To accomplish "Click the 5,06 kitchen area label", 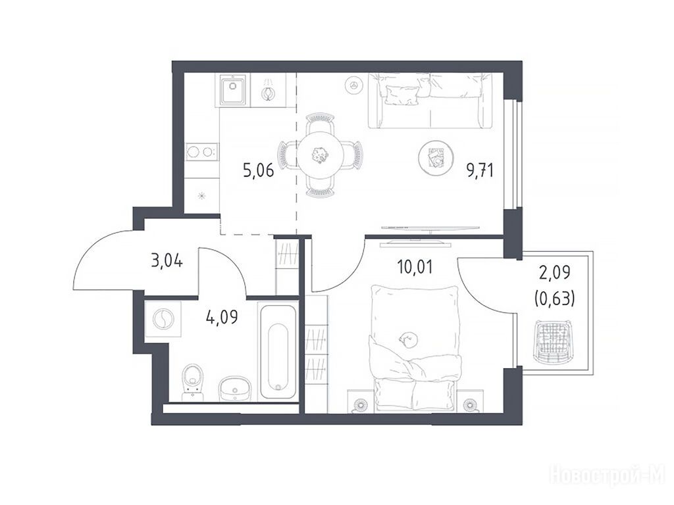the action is point(258,171).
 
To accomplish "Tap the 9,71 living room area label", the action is point(480,171).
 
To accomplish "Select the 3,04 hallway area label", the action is point(167,260).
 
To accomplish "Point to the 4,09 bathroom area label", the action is point(222,317).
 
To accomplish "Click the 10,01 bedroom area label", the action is point(415,267).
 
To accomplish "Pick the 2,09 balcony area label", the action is point(554,272).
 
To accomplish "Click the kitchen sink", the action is point(233,89).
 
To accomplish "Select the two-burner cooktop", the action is point(201,152).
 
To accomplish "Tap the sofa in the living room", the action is point(430,101).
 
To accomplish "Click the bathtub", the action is point(278,352).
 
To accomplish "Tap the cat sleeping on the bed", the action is point(407,339).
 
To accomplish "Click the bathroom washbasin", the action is point(234,389).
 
